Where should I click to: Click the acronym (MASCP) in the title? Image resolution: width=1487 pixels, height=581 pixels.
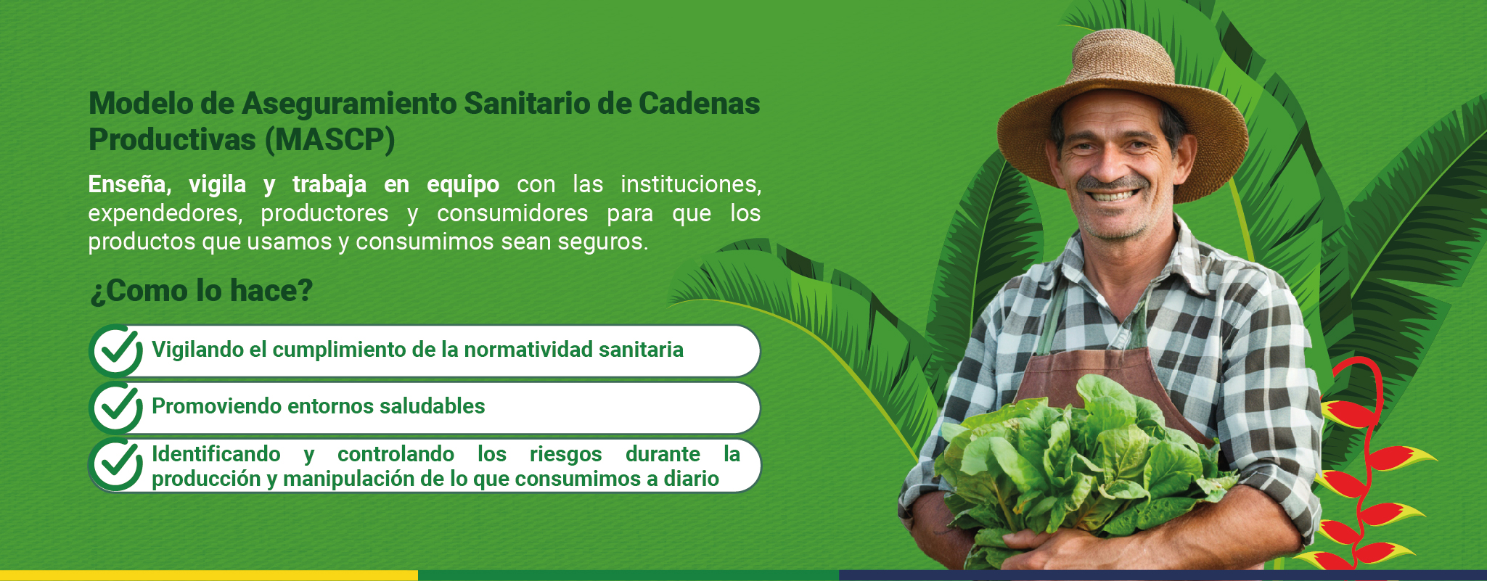point(329,140)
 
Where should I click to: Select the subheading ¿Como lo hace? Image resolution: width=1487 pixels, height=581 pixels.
point(201,291)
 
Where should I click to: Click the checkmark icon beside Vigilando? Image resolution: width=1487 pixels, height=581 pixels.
point(117,350)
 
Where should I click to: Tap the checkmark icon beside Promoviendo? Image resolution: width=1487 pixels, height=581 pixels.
point(117,408)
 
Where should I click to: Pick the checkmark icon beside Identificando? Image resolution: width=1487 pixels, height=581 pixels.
point(117,465)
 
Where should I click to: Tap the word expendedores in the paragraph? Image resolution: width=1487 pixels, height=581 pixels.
point(165,213)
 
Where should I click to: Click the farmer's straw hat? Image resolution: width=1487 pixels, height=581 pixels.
point(1122,109)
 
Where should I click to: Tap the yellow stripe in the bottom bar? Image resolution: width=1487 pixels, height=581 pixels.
point(209,575)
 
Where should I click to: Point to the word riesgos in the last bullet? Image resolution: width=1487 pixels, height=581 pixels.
point(566,454)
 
